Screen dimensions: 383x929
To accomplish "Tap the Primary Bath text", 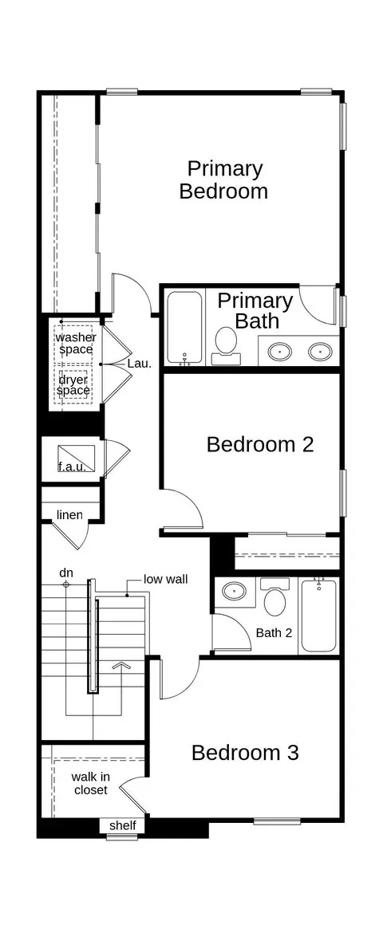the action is click(x=255, y=310).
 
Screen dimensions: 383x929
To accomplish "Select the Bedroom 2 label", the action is click(x=259, y=444).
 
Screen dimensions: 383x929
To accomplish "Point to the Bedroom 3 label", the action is click(x=245, y=753).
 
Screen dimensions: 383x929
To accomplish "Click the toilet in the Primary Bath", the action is click(x=226, y=344).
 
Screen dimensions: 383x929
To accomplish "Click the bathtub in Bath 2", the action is click(x=319, y=616).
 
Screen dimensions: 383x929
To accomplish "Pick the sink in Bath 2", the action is click(x=234, y=591).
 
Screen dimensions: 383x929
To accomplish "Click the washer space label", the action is click(x=76, y=343).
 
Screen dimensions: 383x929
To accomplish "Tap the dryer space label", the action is click(x=73, y=384).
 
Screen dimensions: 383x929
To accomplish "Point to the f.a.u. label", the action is click(x=72, y=466).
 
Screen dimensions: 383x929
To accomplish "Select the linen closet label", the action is click(x=69, y=514).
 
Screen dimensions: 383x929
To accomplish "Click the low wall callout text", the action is click(x=165, y=579).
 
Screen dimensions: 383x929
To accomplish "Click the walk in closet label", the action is click(x=91, y=782).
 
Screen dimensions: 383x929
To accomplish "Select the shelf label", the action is click(x=123, y=825).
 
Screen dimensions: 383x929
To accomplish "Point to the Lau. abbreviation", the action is click(x=140, y=364).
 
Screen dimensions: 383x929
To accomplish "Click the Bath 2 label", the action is click(x=274, y=633).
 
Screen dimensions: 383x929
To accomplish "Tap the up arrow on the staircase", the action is click(x=121, y=665).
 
